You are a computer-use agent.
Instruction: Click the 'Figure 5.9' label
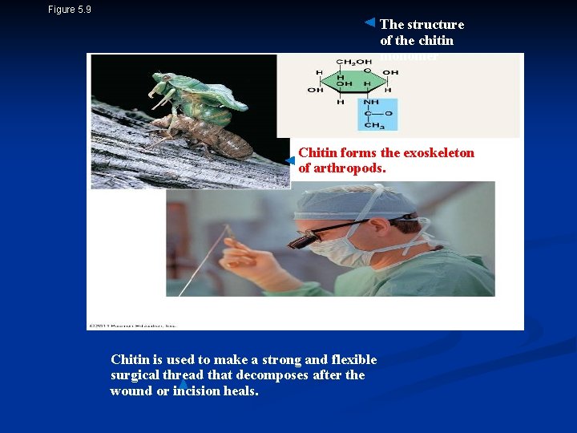point(70,10)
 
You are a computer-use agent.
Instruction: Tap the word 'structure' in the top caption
point(434,24)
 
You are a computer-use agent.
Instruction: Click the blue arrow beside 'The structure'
point(369,22)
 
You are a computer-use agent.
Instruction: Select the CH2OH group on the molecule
point(353,62)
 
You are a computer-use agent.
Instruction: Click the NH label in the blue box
point(371,102)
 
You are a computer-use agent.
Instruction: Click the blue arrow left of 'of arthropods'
point(290,161)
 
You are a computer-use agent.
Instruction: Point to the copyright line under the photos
point(133,326)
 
